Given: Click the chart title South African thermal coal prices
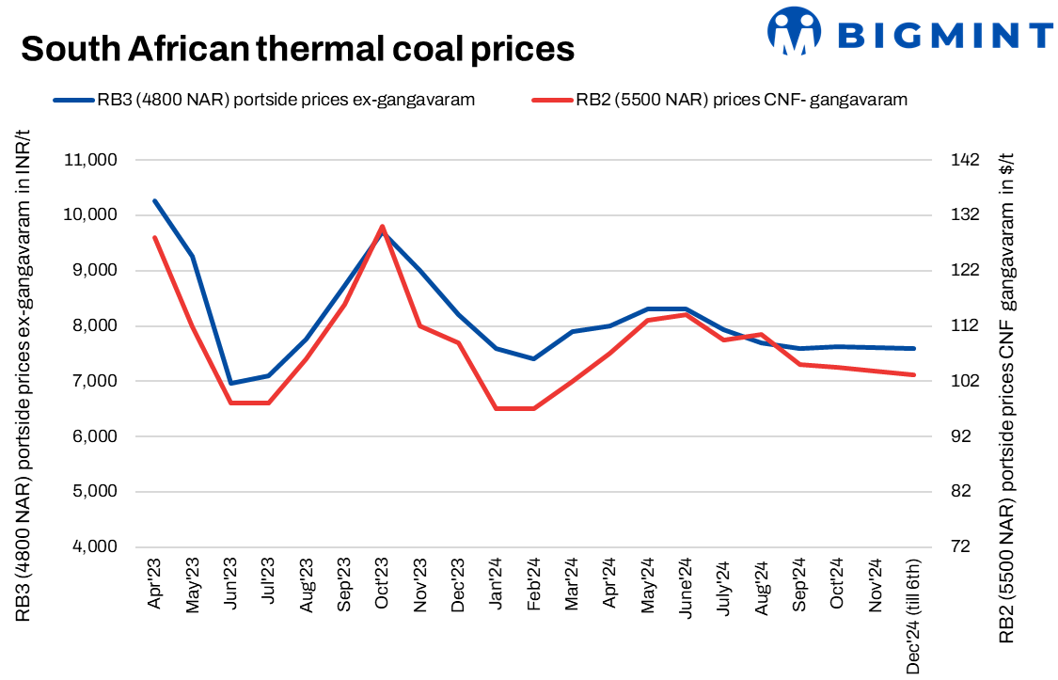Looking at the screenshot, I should pyautogui.click(x=297, y=48).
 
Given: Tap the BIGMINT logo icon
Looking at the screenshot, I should pyautogui.click(x=795, y=32).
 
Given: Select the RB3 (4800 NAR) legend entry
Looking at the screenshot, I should pyautogui.click(x=263, y=100).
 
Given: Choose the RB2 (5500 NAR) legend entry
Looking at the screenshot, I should pyautogui.click(x=719, y=100).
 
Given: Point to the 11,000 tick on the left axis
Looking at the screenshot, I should pyautogui.click(x=89, y=160).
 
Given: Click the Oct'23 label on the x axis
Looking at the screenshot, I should pyautogui.click(x=381, y=585).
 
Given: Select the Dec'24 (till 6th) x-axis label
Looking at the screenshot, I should pyautogui.click(x=913, y=616).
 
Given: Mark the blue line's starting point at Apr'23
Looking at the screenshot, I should pyautogui.click(x=155, y=200).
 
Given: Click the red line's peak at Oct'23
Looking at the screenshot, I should pyautogui.click(x=382, y=227).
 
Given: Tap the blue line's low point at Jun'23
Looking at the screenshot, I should pyautogui.click(x=230, y=383).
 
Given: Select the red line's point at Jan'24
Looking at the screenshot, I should pyautogui.click(x=496, y=408).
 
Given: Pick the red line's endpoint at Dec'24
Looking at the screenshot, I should pyautogui.click(x=913, y=374).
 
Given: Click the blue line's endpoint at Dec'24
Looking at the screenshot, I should pyautogui.click(x=913, y=348).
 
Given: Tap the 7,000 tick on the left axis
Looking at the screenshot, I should pyautogui.click(x=91, y=381).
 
